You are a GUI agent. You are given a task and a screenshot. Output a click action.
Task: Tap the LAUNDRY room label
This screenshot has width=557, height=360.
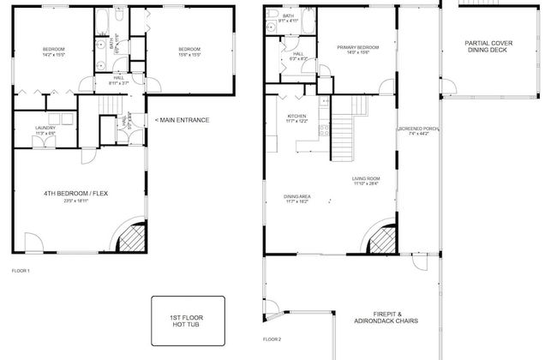tap(45, 128)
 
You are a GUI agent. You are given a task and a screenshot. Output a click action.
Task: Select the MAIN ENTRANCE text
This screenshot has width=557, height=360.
tap(182, 120)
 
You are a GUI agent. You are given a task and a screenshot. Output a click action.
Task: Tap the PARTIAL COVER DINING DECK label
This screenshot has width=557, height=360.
tap(488, 46)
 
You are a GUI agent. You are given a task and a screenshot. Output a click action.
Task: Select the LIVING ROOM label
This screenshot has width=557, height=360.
tap(366, 178)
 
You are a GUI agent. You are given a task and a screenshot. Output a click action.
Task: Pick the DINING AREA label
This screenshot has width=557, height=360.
tap(297, 196)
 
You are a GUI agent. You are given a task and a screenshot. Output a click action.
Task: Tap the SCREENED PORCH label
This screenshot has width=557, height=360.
tap(418, 129)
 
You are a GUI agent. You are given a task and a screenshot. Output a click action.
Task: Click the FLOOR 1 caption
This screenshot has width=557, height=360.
tap(21, 271)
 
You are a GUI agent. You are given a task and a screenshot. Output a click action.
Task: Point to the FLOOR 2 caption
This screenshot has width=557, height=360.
tap(272, 339)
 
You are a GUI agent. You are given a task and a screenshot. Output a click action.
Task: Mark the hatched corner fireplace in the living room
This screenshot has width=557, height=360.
tap(381, 239)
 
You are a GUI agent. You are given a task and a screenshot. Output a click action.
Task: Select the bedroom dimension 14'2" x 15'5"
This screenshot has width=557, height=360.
tap(54, 55)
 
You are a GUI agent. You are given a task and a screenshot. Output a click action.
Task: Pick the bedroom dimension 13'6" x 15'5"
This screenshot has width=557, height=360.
tap(189, 55)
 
